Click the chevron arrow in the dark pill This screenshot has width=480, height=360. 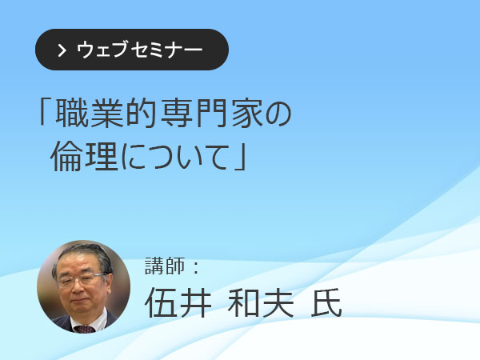[x=62, y=50]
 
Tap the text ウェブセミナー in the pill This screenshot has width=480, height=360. [x=139, y=50]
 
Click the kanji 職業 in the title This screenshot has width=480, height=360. [x=89, y=114]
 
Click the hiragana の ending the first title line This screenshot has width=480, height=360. [x=278, y=114]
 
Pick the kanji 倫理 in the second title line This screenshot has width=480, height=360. [x=85, y=157]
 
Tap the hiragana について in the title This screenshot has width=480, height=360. [x=175, y=158]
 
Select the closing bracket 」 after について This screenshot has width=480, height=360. [x=241, y=158]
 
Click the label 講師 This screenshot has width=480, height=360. [x=166, y=266]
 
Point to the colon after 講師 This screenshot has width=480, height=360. [x=197, y=266]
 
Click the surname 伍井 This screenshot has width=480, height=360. [x=178, y=302]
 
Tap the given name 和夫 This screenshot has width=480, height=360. [x=261, y=302]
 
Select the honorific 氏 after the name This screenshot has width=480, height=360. [x=326, y=302]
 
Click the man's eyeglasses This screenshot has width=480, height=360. [x=82, y=279]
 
